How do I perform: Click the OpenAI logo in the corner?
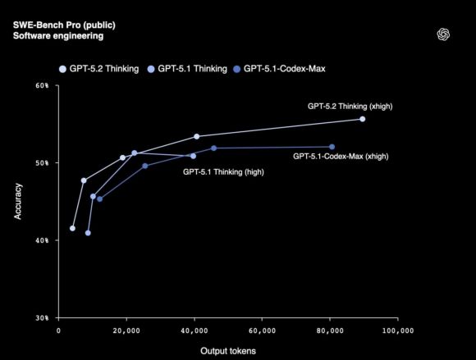[444, 34]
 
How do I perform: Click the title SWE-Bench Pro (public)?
[58, 25]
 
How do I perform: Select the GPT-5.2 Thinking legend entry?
[98, 68]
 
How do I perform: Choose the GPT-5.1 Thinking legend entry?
[189, 68]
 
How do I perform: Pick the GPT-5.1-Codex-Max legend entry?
[281, 68]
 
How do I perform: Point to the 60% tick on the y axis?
[42, 85]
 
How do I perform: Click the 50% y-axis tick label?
[42, 162]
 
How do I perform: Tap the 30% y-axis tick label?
[42, 317]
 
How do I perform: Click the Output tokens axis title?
[228, 351]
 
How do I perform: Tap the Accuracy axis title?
[18, 201]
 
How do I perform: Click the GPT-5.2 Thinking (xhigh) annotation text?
[349, 107]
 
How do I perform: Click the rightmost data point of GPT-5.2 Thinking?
[362, 119]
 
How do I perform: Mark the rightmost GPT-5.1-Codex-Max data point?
[332, 147]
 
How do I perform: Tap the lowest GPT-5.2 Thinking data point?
[72, 228]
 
